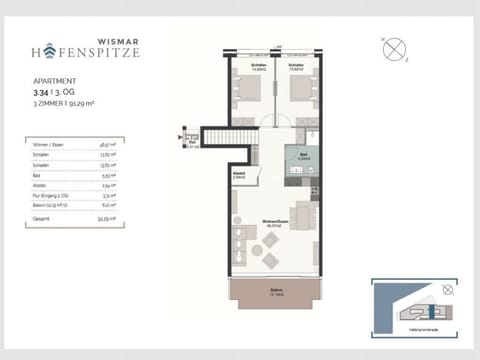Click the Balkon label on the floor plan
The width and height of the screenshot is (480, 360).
[275, 291]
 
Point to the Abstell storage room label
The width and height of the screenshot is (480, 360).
[241, 174]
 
